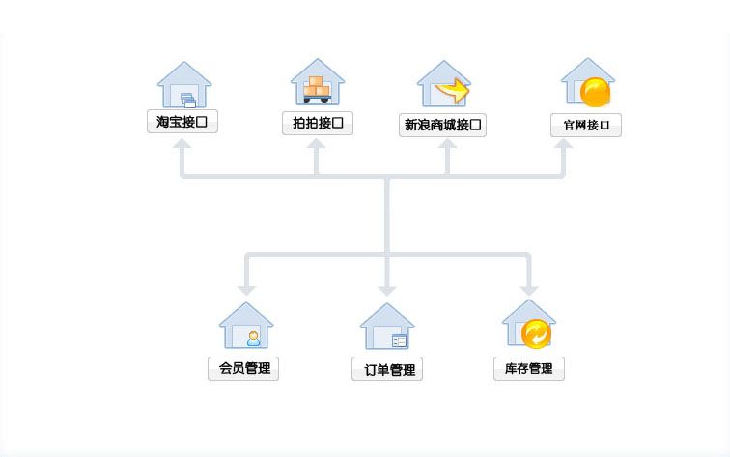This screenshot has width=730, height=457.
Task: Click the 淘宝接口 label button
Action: click(x=182, y=123)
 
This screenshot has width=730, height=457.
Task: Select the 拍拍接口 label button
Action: click(x=317, y=123)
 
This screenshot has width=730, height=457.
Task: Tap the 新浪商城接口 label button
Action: click(x=442, y=126)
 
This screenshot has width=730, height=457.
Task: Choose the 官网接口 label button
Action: click(x=586, y=126)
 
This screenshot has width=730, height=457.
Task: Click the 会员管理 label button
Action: click(x=243, y=368)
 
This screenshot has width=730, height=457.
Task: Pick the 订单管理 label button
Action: click(x=387, y=369)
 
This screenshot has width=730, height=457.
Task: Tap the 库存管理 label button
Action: click(x=529, y=368)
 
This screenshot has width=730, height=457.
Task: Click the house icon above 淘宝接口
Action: click(x=183, y=85)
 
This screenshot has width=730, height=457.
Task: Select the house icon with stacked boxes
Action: click(x=317, y=83)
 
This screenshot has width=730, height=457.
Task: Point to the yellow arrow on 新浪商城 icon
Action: click(x=453, y=92)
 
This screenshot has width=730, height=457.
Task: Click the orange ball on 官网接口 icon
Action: click(x=596, y=92)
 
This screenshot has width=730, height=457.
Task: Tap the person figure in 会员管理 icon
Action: click(x=253, y=337)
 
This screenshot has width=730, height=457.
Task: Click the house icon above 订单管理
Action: click(x=387, y=327)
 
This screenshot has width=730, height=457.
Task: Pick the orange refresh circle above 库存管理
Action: click(x=535, y=333)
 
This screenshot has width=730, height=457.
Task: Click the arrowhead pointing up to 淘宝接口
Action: click(x=182, y=144)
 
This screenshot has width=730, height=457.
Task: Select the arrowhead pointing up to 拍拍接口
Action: click(x=317, y=144)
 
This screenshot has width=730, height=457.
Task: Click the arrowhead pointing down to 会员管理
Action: click(x=246, y=289)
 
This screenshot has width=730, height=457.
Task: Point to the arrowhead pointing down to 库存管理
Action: click(x=528, y=289)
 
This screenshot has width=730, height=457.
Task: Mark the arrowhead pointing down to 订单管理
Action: click(x=387, y=289)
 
